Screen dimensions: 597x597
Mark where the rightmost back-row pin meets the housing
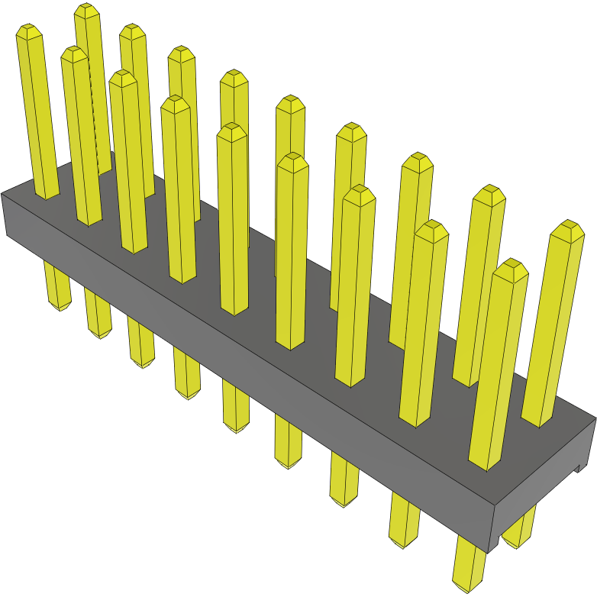(537, 419)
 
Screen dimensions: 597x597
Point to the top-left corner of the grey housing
(3, 195)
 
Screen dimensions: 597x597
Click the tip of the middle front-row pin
(231, 131)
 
